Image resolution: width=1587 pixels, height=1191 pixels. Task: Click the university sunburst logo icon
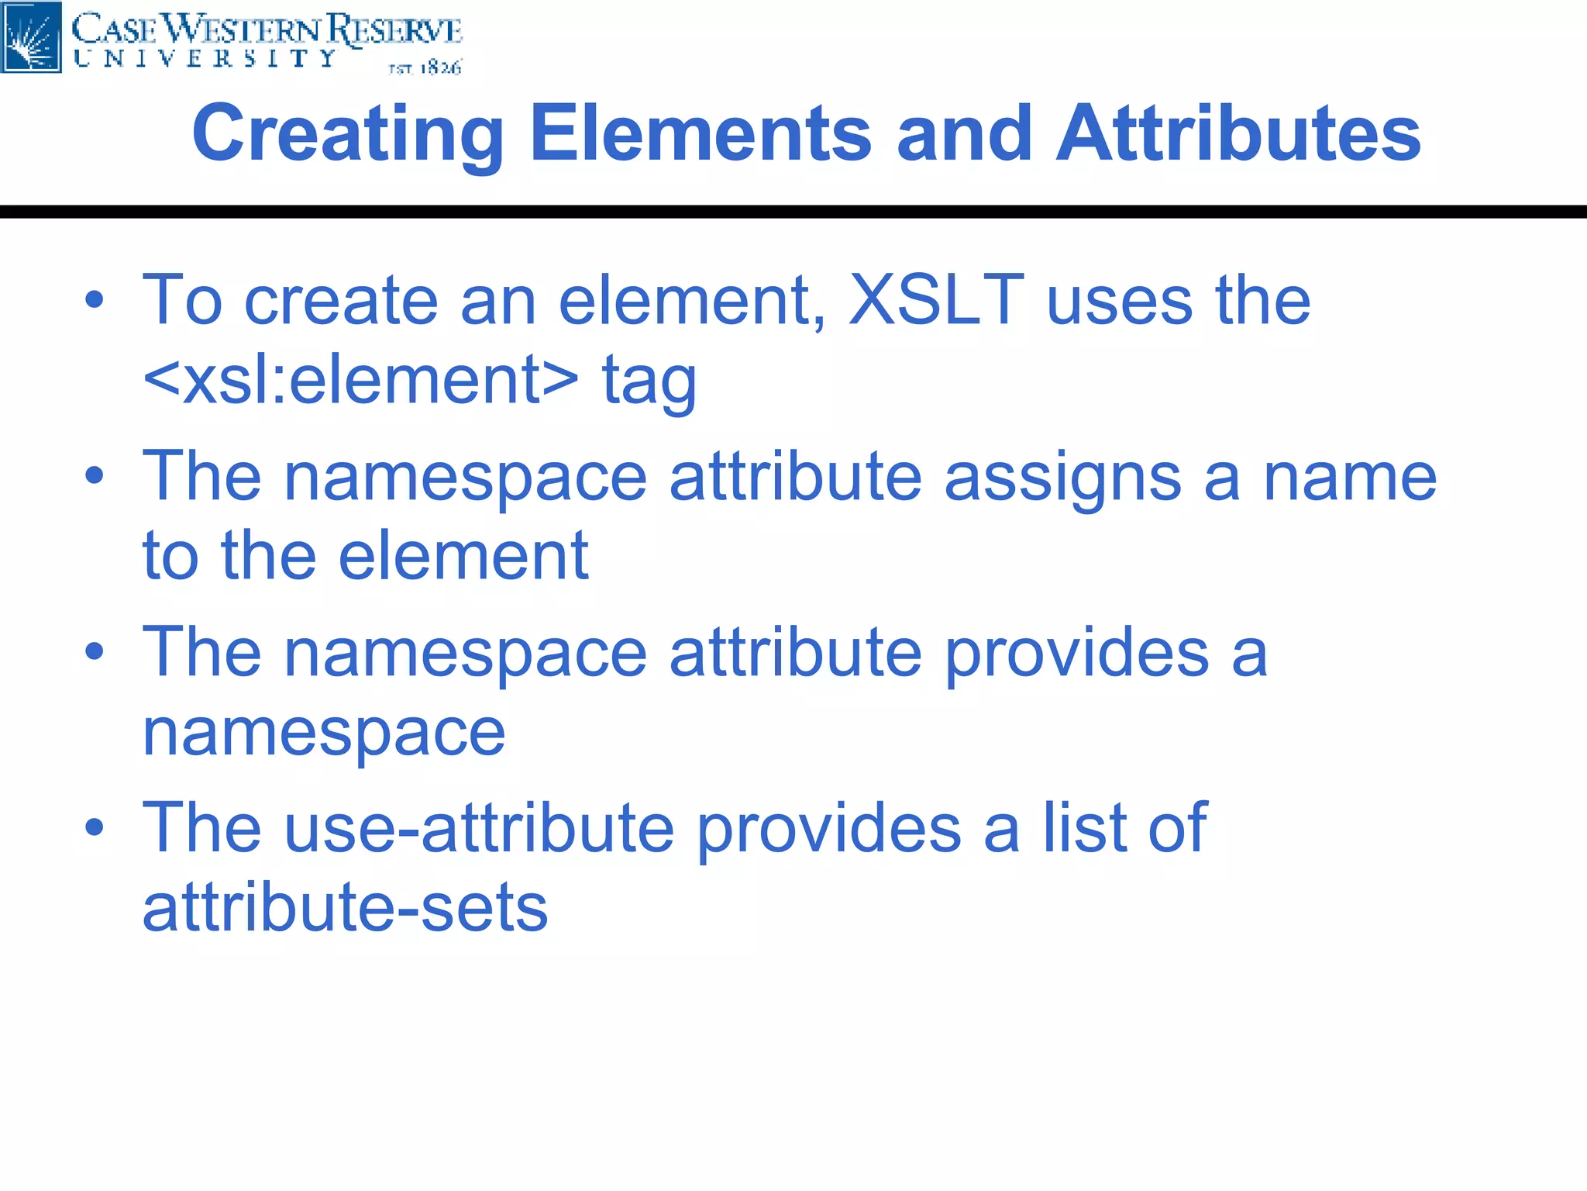click(31, 36)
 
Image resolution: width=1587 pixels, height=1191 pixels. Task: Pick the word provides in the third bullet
click(1077, 654)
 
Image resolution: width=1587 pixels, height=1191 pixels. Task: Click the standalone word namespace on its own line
click(324, 733)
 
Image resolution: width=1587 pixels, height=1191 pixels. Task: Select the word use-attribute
click(480, 828)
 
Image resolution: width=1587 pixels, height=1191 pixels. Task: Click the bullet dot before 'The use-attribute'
click(95, 828)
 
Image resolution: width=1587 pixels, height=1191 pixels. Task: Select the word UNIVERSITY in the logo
click(205, 59)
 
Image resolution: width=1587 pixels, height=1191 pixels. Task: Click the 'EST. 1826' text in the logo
click(425, 68)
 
